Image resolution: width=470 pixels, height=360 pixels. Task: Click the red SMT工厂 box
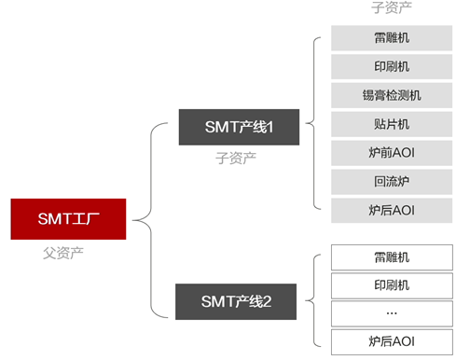68,219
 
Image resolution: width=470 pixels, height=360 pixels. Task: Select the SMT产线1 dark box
239,127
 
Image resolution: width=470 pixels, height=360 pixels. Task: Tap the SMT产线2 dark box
236,301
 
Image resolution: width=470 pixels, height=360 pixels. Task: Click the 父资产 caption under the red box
63,253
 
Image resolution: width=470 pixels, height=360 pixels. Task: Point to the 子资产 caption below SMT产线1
236,158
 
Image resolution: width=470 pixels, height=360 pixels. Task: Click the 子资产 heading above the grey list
392,7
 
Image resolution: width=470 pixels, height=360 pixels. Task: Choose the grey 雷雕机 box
392,38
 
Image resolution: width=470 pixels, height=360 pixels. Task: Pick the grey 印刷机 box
392,66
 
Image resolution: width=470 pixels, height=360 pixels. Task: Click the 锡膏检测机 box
392,95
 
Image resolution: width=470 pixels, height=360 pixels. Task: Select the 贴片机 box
392,124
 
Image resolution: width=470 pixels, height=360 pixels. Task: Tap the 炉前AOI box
392,153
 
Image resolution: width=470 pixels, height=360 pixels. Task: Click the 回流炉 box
392,182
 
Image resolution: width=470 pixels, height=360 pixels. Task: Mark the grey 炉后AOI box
392,211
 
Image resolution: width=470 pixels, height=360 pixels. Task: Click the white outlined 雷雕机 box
392,257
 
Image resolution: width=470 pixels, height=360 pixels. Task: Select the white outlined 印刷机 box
392,285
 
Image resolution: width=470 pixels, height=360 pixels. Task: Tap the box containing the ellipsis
392,313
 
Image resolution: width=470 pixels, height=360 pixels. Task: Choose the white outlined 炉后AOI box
392,342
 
